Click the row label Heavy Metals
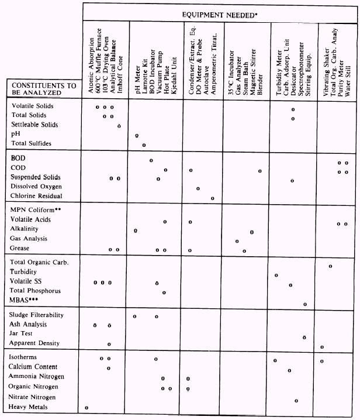pyautogui.click(x=29, y=407)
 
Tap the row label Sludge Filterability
pyautogui.click(x=37, y=315)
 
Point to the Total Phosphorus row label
pyautogui.click(x=35, y=291)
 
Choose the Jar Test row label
pyautogui.click(x=23, y=333)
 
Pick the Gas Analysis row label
pyautogui.click(x=29, y=239)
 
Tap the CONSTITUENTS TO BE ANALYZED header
pyautogui.click(x=44, y=89)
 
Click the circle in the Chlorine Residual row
pyautogui.click(x=212, y=198)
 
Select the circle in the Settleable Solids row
pyautogui.click(x=119, y=126)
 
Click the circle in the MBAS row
pyautogui.click(x=304, y=304)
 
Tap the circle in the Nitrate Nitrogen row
pyautogui.click(x=296, y=400)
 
